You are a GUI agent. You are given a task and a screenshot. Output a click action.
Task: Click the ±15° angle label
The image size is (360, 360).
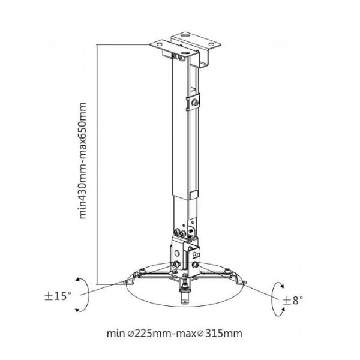(x=58, y=296)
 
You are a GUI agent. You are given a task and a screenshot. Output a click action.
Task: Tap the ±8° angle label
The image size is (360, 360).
(x=293, y=299)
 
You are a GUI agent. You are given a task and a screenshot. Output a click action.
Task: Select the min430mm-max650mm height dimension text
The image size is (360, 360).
(x=82, y=160)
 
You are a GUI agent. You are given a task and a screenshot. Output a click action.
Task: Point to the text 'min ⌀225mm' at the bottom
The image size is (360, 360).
(x=140, y=333)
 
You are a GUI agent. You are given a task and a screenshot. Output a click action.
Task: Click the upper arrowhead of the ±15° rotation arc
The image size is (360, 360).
(x=78, y=279)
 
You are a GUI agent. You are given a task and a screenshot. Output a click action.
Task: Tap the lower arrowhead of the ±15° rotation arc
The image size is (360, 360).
(x=77, y=310)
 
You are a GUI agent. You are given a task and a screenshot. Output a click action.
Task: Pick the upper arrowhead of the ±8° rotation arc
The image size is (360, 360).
(x=282, y=286)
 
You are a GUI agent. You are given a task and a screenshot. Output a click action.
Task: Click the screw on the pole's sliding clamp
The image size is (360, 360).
(x=196, y=103)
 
